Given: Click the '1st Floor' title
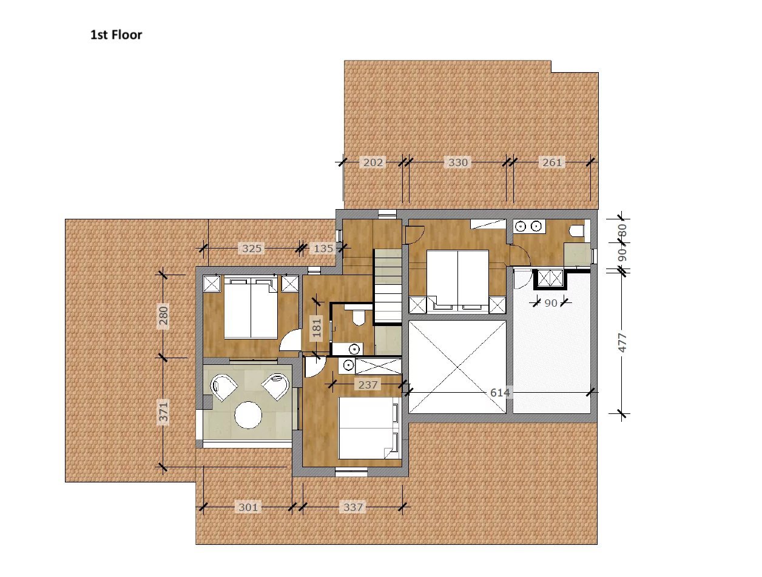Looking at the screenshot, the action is tap(116, 35).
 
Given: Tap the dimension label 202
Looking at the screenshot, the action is tap(373, 162).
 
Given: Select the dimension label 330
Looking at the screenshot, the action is tap(458, 162).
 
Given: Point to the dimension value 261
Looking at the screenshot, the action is tap(552, 162).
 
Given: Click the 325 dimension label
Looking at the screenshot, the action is tap(252, 248).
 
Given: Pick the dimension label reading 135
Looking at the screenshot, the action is tap(323, 248).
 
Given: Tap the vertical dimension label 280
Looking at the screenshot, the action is tap(164, 315).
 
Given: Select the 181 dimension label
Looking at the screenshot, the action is tap(316, 328).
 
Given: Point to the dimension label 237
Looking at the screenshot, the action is tap(368, 384).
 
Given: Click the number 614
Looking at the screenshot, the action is tap(500, 393).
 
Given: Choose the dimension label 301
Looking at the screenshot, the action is tap(248, 507).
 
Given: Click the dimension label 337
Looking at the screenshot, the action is tap(353, 507).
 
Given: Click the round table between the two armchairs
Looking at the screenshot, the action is tap(248, 415).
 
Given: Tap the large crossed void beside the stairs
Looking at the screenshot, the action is tap(457, 367).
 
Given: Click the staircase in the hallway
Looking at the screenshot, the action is tap(388, 285).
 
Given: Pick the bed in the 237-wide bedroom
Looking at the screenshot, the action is tap(369, 427).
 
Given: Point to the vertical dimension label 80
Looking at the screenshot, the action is tap(623, 230).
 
